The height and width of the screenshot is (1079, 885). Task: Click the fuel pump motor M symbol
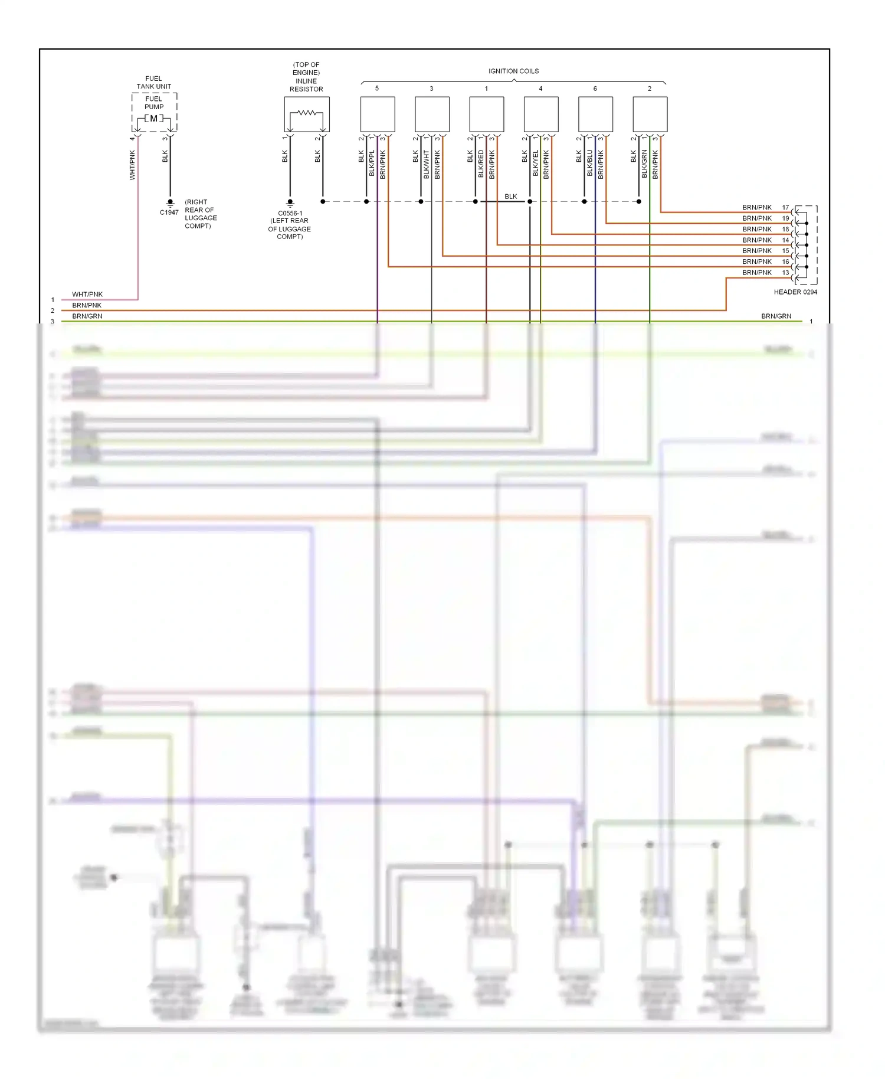154,119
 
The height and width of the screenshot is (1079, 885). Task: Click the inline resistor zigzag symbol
306,112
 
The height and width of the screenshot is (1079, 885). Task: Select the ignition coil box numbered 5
378,114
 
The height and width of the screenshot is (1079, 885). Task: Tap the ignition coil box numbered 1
486,114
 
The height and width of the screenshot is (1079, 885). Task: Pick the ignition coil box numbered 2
650,114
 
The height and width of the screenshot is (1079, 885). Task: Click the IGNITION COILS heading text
513,71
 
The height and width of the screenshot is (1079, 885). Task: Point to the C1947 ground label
169,212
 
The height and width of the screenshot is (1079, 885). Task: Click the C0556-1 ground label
290,213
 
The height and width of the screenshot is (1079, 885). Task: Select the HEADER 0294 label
795,292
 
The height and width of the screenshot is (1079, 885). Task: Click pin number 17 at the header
785,207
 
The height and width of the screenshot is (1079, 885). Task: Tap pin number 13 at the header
785,273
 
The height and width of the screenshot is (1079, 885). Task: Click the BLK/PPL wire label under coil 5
372,164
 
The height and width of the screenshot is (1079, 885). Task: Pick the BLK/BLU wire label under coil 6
589,164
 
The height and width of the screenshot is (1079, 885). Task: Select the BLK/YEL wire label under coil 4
535,164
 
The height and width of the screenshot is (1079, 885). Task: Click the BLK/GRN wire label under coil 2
644,164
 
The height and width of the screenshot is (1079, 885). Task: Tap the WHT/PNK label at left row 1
87,294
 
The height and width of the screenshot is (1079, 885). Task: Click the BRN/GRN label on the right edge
776,316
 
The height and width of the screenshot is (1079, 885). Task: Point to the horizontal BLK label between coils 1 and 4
510,197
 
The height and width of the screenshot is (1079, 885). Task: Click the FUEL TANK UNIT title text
153,82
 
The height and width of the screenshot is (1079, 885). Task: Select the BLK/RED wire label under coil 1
481,164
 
